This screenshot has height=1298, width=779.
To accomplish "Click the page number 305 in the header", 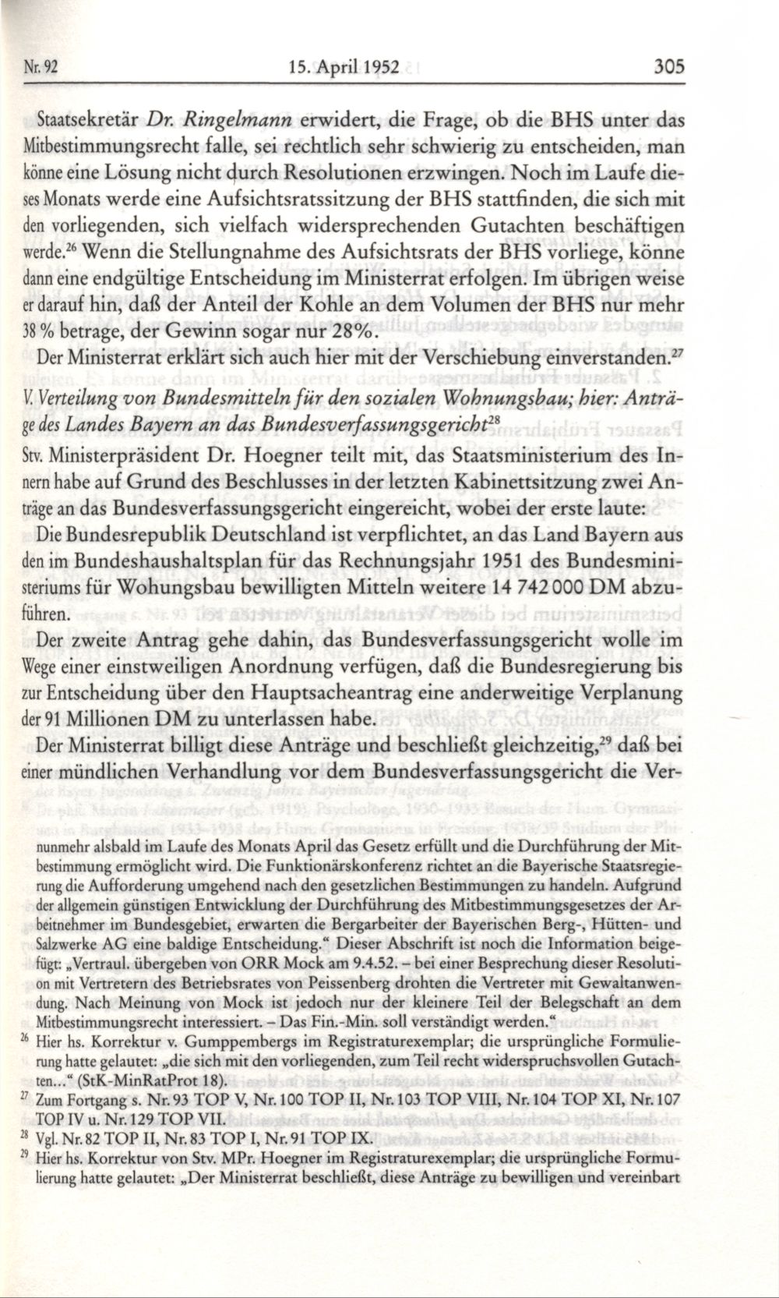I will pos(667,66).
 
